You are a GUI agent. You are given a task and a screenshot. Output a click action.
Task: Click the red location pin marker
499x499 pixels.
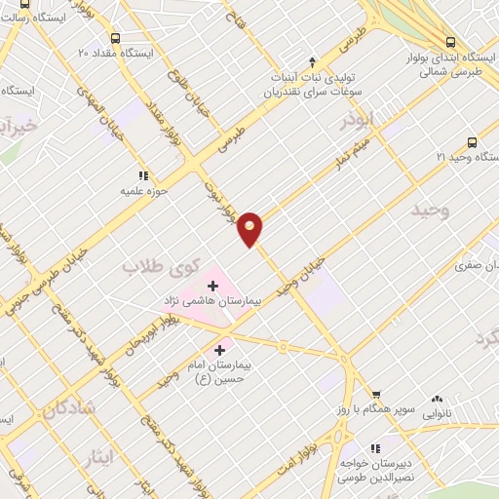(250, 228)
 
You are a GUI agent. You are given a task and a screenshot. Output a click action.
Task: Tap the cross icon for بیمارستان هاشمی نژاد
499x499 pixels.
(213, 286)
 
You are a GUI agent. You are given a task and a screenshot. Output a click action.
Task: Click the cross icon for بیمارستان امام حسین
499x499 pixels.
(219, 349)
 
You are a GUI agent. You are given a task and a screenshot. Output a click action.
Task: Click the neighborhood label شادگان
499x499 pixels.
(68, 408)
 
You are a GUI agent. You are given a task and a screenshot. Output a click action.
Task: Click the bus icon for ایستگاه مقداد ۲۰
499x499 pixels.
(116, 38)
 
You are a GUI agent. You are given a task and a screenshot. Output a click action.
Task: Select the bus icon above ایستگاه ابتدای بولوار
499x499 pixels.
(449, 42)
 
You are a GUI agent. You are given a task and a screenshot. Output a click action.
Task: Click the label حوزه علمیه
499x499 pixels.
(143, 191)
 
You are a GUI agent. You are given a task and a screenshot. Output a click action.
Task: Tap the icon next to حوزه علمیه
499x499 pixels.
(142, 175)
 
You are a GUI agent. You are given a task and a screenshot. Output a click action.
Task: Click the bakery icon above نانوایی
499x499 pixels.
(437, 400)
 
